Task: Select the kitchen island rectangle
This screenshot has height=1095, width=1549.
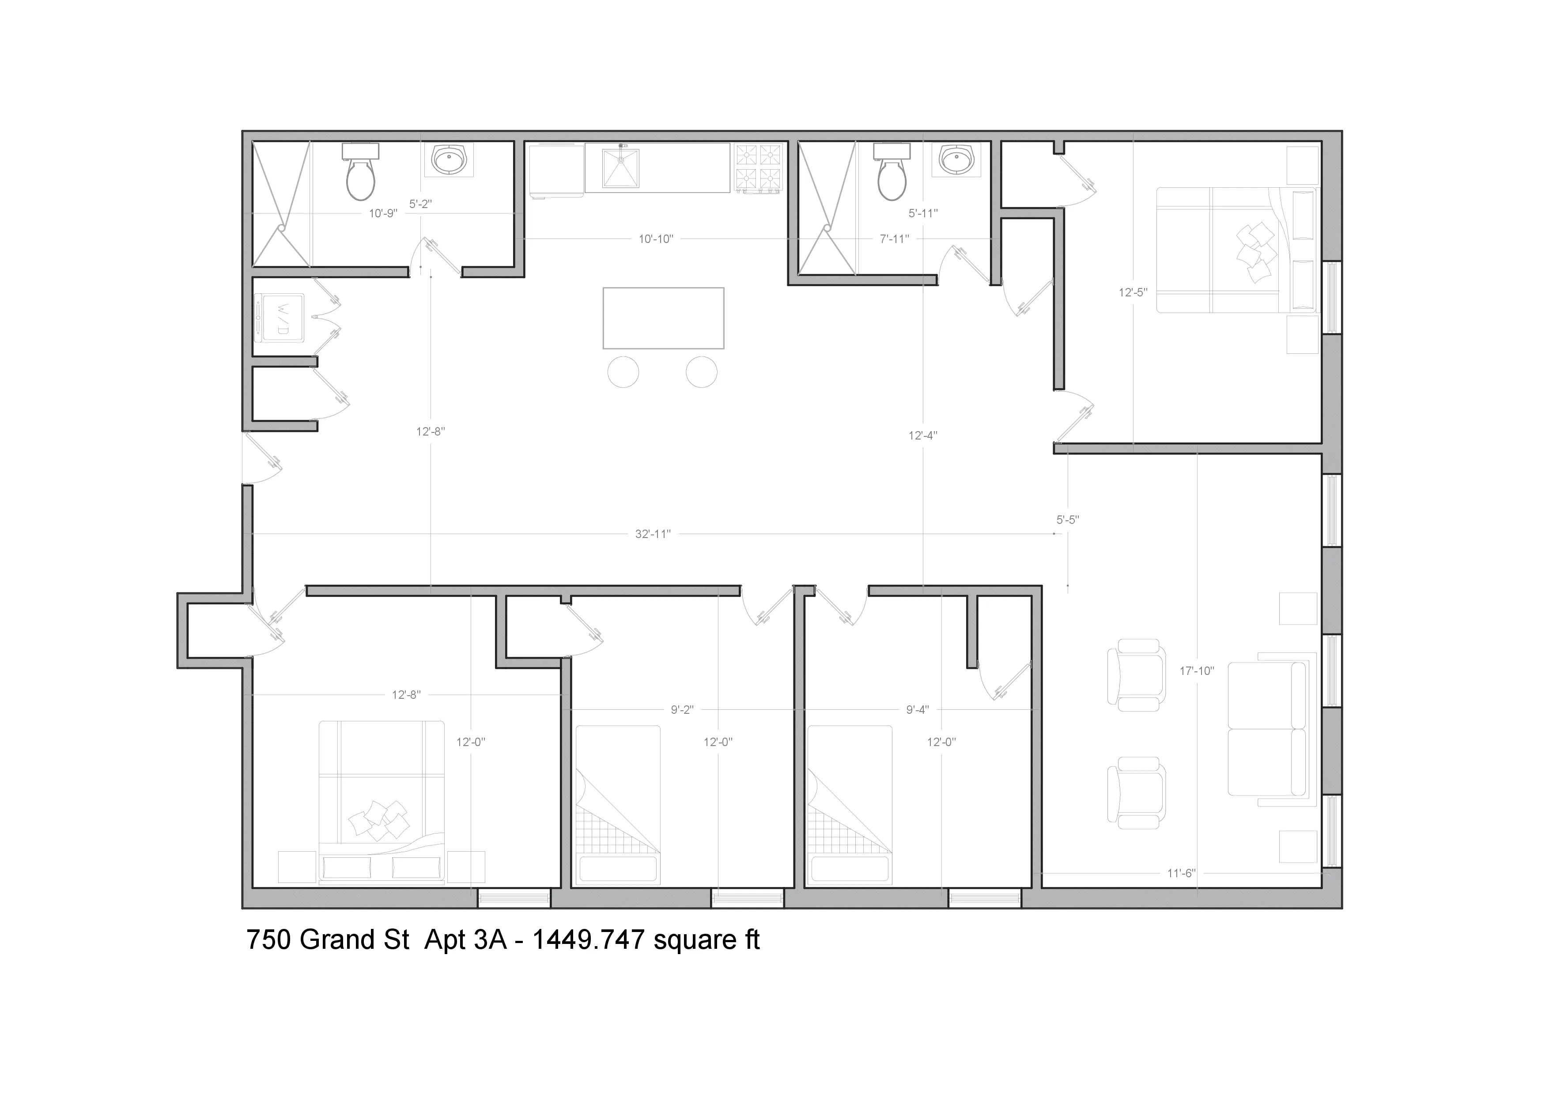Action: tap(663, 318)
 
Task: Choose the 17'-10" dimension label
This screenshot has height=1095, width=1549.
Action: tap(1197, 671)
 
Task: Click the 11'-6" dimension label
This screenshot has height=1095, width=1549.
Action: tap(1181, 873)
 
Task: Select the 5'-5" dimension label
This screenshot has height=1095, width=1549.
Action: tap(1067, 520)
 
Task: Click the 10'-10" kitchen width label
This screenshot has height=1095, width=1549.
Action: tap(656, 239)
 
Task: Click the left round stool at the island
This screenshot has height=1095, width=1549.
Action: tap(623, 372)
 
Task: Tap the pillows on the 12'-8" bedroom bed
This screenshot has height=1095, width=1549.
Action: tap(379, 820)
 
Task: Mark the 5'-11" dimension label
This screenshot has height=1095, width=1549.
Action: tap(923, 213)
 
